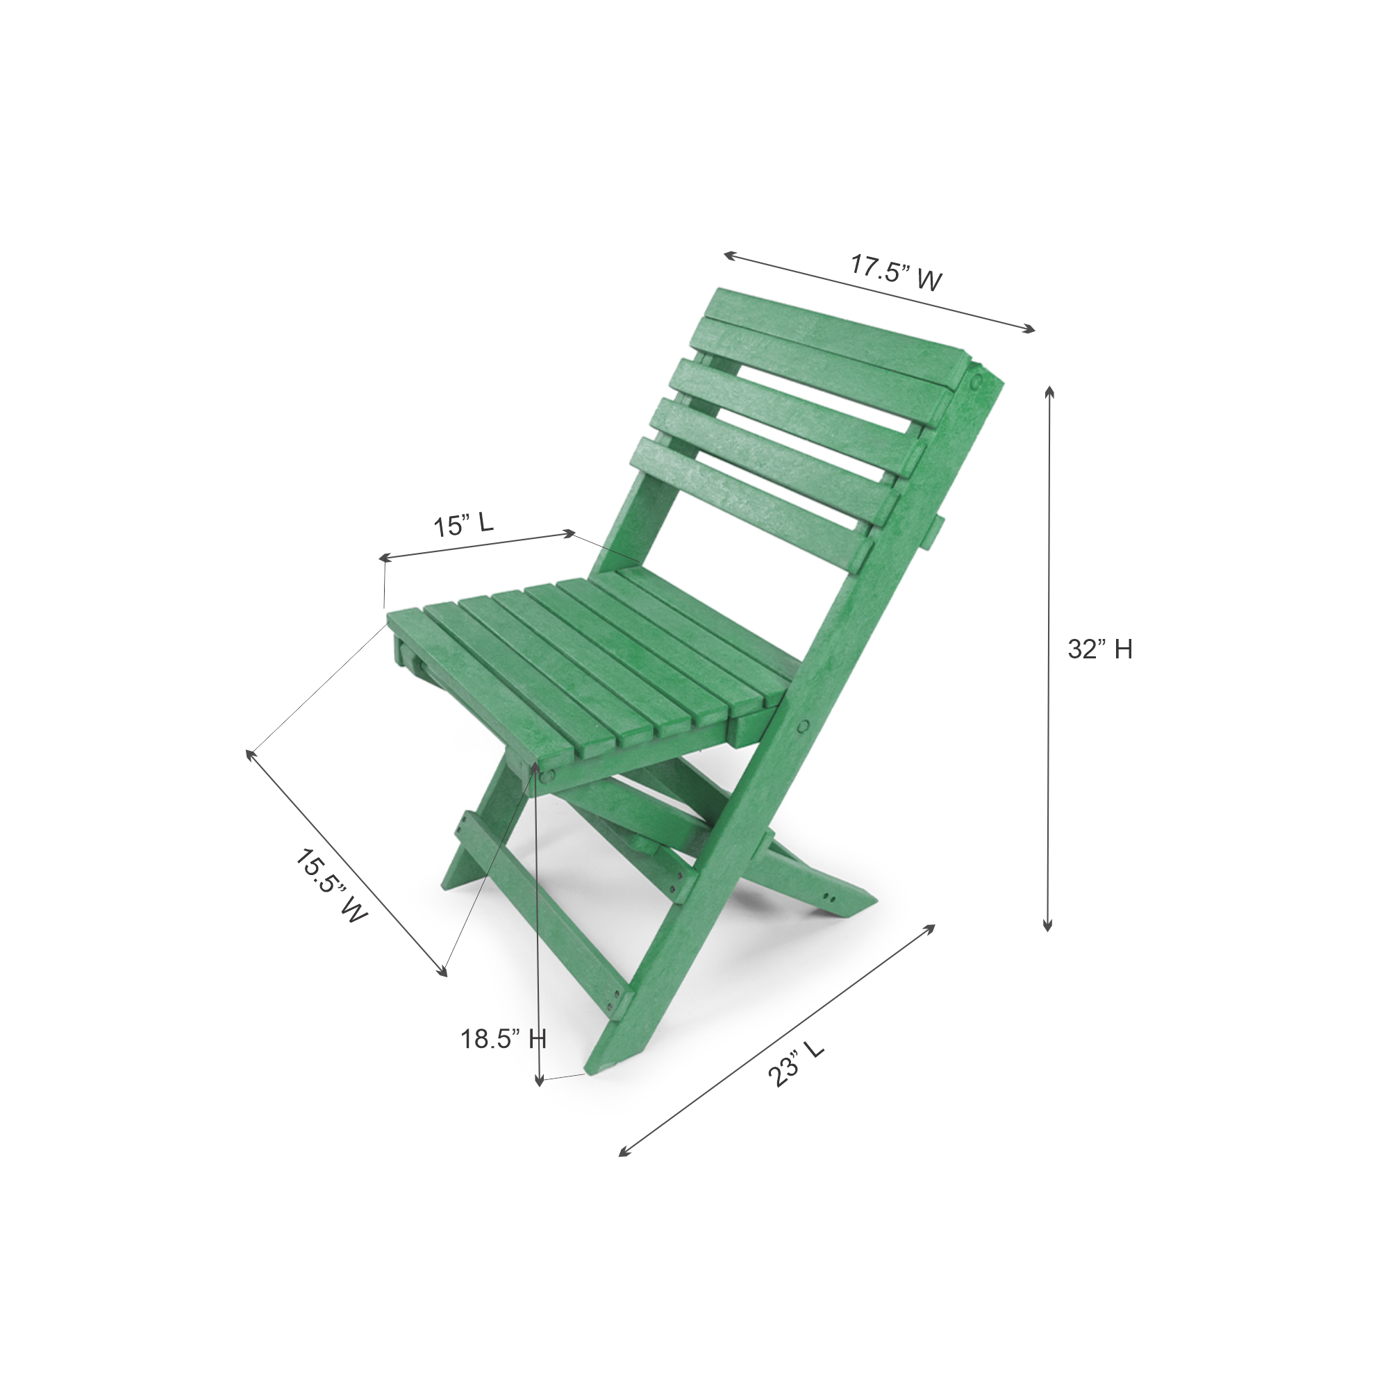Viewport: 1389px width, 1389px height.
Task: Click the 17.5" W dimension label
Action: [x=896, y=272]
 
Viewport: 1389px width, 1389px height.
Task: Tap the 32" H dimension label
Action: [x=1100, y=649]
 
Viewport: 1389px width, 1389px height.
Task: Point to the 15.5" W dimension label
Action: [x=331, y=886]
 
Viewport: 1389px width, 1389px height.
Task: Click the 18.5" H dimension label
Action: [x=504, y=1039]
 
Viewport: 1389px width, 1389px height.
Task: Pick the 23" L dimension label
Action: [x=795, y=1064]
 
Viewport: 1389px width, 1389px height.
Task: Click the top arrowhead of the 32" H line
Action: [x=1049, y=390]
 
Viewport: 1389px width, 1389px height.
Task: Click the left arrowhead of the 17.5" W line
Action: [x=728, y=254]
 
